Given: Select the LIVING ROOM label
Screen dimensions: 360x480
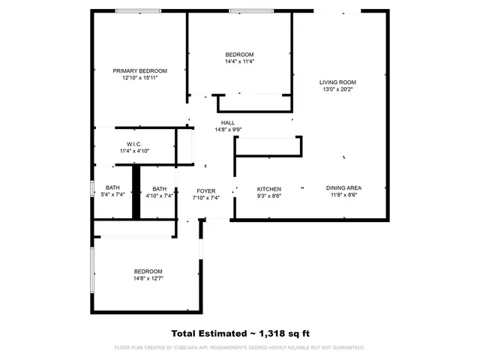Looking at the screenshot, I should tap(337, 82).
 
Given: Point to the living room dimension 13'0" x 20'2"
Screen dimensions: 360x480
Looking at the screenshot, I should tap(337, 89).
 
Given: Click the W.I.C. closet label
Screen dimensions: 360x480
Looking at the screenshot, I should tap(134, 144).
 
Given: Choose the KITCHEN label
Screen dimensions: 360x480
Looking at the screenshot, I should tap(269, 189).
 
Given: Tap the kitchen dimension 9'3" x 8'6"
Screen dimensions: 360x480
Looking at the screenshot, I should tap(269, 196).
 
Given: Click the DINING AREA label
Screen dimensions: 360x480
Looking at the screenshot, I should tap(344, 189).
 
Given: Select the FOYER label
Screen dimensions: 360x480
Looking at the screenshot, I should tap(206, 191).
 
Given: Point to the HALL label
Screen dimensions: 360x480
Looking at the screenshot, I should tap(228, 122).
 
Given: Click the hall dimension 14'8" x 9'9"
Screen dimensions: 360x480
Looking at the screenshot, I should tap(228, 129).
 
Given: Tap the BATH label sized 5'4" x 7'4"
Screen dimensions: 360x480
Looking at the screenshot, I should tap(112, 188).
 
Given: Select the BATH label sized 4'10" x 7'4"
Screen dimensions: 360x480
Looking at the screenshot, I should tap(159, 189).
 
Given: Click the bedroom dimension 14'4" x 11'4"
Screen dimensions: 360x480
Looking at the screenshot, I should tap(240, 61).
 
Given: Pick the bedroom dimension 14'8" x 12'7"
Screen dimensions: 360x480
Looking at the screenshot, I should tap(148, 278).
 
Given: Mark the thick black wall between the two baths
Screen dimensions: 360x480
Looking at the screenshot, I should tap(136, 193).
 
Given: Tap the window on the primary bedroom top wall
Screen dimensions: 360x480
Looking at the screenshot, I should tap(137, 11).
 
